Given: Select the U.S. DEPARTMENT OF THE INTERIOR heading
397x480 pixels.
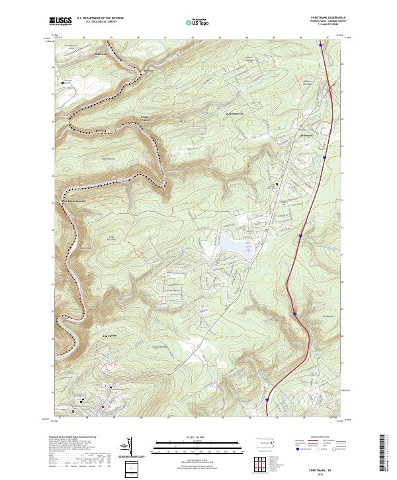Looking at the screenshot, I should tap(100, 19).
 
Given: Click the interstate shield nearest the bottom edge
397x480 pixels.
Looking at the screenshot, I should tap(267, 399).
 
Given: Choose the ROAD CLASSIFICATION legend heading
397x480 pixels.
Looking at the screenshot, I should tap(320, 438).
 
